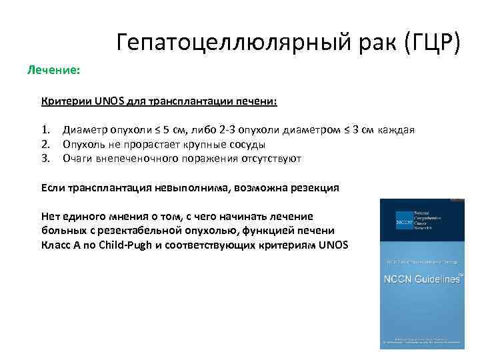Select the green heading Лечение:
[54, 69]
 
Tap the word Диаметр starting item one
[85, 129]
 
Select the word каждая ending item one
[397, 129]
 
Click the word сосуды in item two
[246, 144]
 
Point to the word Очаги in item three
[78, 159]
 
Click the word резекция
[314, 188]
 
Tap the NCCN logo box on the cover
[404, 219]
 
